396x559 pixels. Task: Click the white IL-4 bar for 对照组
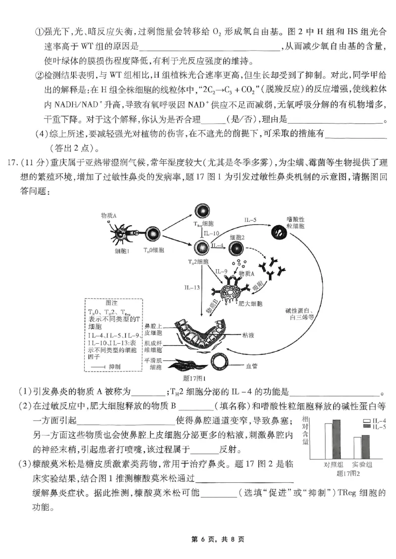tap(328, 441)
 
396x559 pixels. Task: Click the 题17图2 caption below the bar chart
tap(347, 473)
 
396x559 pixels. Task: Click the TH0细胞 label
tap(153, 250)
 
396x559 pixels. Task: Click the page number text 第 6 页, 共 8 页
tap(198, 539)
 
